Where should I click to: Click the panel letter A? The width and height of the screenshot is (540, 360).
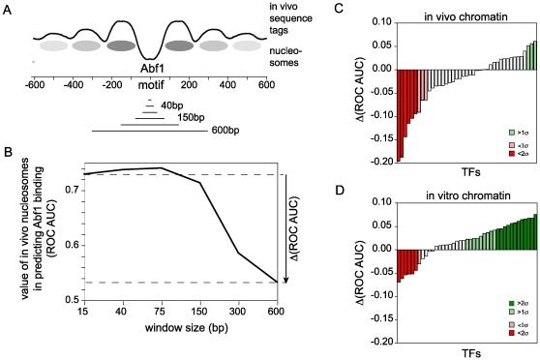(8, 10)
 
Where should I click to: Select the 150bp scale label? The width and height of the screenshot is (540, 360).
(194, 116)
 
